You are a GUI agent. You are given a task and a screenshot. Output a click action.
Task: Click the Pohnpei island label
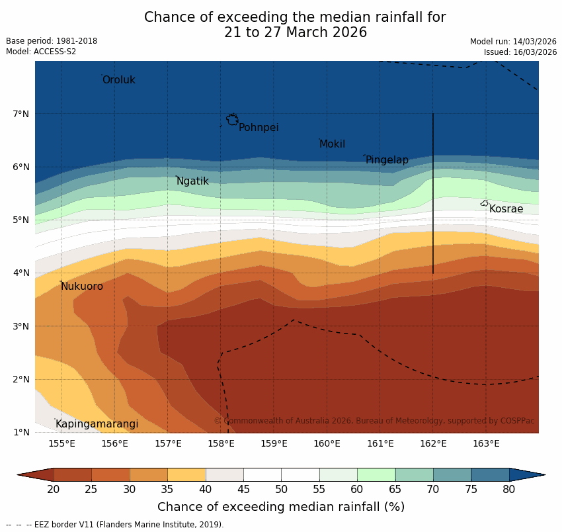(x=259, y=128)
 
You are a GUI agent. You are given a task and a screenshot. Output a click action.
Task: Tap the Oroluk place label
(x=118, y=80)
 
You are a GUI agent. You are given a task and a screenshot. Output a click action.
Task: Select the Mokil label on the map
(x=332, y=144)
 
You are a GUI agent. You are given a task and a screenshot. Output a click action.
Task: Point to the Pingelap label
(x=387, y=160)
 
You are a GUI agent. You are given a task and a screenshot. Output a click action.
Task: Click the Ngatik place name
(x=192, y=181)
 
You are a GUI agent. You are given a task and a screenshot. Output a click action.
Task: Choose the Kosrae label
(x=506, y=209)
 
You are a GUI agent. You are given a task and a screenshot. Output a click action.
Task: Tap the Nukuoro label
(x=82, y=287)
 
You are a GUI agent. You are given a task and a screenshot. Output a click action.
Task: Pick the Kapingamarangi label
(x=97, y=424)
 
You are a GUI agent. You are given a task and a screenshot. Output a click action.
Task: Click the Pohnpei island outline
(x=232, y=120)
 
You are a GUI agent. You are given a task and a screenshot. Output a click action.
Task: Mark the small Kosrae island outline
(x=485, y=203)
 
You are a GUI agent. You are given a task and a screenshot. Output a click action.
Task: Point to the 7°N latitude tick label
(x=21, y=114)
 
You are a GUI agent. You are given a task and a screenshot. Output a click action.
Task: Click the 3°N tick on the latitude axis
(x=21, y=326)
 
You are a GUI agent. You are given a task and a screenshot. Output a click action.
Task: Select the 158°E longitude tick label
(x=221, y=443)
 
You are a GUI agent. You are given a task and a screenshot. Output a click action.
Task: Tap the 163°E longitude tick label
(x=486, y=443)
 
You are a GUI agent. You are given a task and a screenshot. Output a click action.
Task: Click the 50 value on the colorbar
(x=281, y=489)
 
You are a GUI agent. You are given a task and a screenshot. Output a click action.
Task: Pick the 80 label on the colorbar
(x=508, y=489)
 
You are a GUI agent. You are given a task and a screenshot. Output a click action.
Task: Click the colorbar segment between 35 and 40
(x=186, y=474)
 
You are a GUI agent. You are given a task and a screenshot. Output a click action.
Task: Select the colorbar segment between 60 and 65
(x=376, y=474)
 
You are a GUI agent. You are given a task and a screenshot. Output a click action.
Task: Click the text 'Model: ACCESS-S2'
(x=41, y=52)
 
